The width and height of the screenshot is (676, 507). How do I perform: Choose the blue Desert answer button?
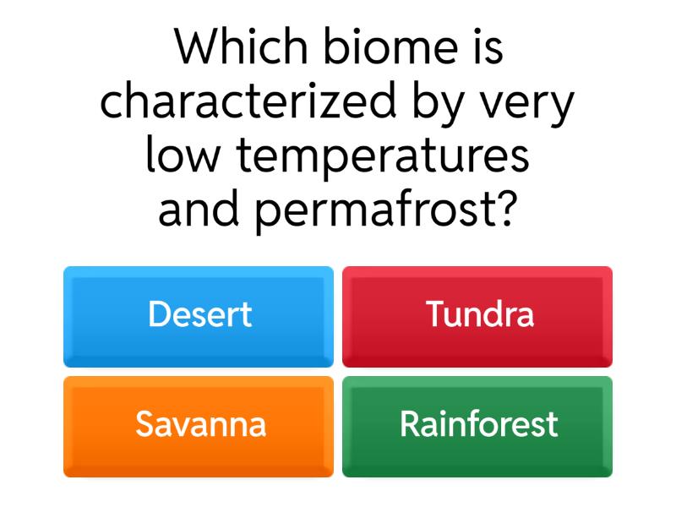click(x=199, y=316)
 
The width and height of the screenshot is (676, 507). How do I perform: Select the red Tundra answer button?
click(x=477, y=316)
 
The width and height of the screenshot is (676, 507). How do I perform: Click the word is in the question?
click(x=488, y=47)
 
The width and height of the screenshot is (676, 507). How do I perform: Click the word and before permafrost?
click(x=199, y=212)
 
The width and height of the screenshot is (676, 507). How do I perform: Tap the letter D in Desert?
click(x=158, y=314)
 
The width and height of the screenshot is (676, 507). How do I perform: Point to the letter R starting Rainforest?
click(x=410, y=424)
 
